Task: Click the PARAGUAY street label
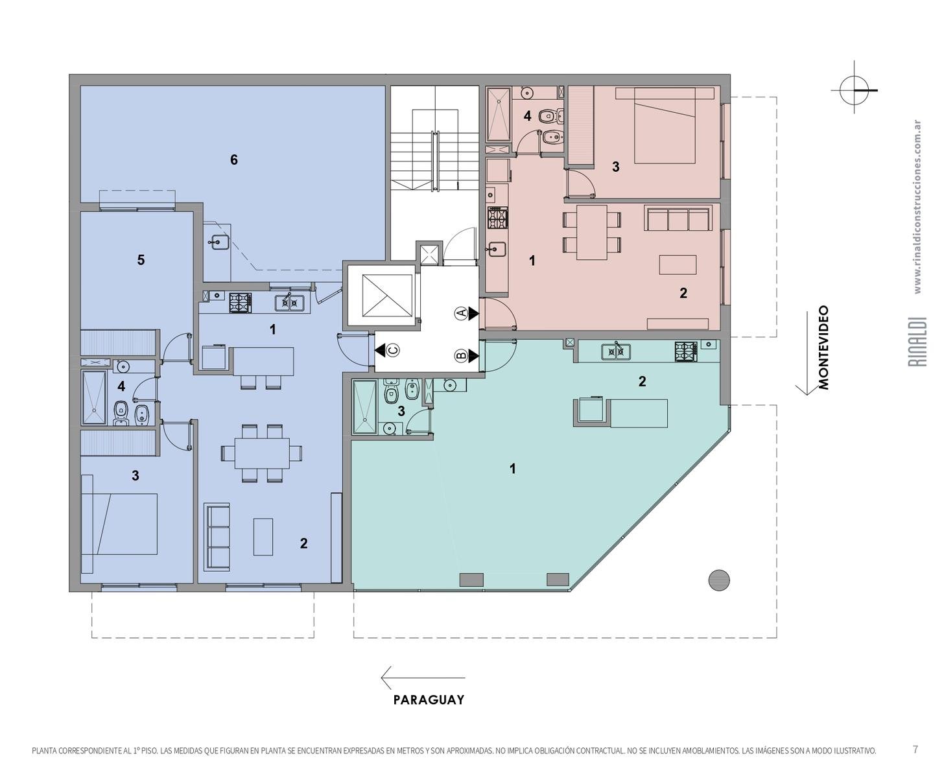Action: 429,700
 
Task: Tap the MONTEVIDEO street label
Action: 824,348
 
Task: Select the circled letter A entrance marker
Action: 460,313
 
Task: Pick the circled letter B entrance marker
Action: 460,356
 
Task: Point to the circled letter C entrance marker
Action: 393,350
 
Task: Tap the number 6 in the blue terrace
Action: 234,159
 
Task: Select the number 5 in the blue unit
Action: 141,260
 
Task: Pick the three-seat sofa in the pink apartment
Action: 678,219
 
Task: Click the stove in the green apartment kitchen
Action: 686,351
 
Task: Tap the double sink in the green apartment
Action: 616,351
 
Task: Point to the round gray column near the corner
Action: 719,580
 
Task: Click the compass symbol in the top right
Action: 854,90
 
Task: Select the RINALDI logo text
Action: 920,342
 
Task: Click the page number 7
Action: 915,749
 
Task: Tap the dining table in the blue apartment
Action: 262,453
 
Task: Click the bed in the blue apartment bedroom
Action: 119,524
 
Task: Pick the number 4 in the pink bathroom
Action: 527,116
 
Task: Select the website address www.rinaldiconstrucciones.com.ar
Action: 918,207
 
